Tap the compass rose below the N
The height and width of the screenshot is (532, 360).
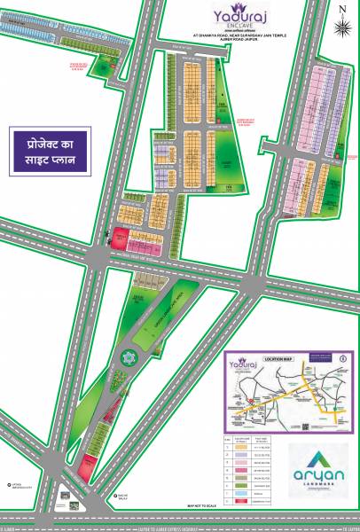pyautogui.click(x=343, y=27)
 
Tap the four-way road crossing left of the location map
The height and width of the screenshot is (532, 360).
pyautogui.click(x=251, y=286)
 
